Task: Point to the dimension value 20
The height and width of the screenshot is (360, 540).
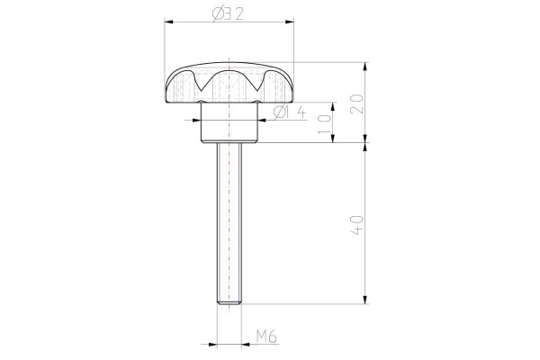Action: point(357,102)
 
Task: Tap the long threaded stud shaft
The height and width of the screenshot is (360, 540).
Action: point(229,225)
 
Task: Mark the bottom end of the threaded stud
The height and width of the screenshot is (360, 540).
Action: point(229,304)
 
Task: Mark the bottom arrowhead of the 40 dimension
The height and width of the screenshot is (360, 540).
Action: point(366,303)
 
